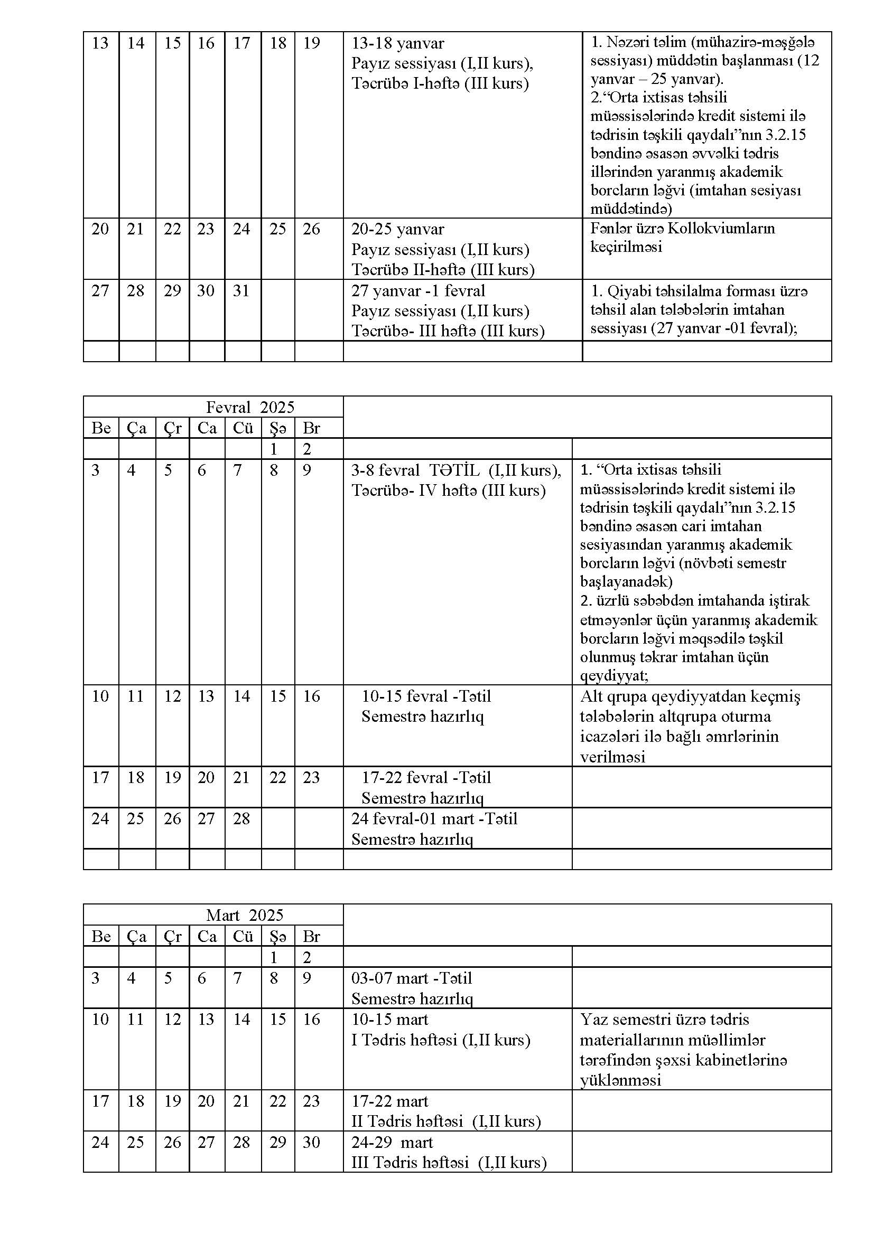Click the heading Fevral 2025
click(x=250, y=407)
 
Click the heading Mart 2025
click(x=244, y=915)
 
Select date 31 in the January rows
click(x=241, y=291)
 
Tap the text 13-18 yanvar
click(x=398, y=43)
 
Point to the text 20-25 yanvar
click(x=398, y=229)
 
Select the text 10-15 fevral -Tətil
click(x=426, y=696)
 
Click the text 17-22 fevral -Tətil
click(x=426, y=777)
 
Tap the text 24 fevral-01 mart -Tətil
click(x=434, y=819)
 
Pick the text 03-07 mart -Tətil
click(x=412, y=978)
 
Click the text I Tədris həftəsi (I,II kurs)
click(x=441, y=1040)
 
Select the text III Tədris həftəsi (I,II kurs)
click(x=449, y=1162)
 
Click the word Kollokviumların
click(x=721, y=229)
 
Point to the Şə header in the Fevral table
click(x=278, y=428)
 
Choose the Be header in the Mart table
click(x=101, y=937)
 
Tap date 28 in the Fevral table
click(x=241, y=819)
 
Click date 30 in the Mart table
click(x=311, y=1142)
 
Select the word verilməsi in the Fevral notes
click(x=612, y=757)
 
